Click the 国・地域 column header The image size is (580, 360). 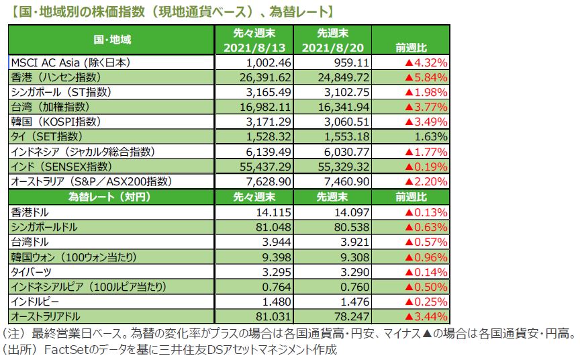coord(111,40)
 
